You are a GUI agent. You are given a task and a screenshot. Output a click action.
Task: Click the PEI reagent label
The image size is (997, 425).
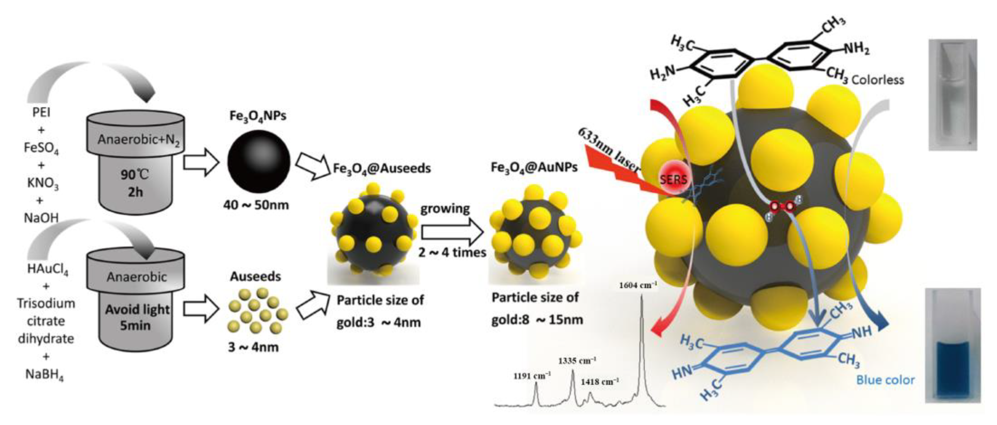click(41, 113)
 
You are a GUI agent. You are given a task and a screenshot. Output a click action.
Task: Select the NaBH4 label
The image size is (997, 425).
click(45, 374)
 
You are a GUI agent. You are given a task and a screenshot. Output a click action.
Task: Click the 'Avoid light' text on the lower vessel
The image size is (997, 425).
click(137, 309)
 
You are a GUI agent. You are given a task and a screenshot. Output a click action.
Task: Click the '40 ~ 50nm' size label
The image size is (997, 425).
click(256, 205)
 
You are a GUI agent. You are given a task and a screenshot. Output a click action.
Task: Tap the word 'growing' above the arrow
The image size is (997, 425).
click(445, 209)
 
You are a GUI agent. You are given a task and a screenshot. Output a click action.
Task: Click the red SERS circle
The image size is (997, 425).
click(673, 179)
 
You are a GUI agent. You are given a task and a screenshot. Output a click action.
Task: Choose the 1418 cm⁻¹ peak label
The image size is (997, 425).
click(600, 382)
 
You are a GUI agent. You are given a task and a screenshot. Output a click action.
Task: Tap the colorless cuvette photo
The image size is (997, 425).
click(952, 95)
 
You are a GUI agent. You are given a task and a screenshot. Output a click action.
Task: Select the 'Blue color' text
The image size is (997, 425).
click(885, 380)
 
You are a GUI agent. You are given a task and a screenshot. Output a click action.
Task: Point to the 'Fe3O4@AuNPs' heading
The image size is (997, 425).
click(534, 167)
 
